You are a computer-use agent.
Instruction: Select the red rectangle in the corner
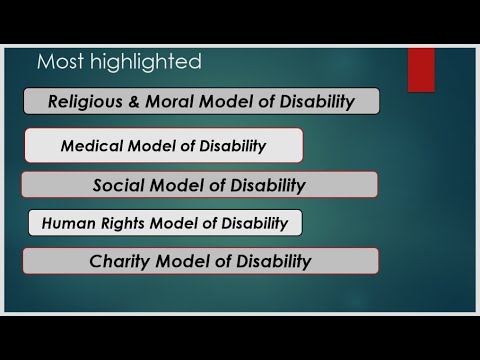[x=421, y=69]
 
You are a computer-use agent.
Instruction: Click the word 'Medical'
[x=90, y=146]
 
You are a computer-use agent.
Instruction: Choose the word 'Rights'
[x=118, y=223]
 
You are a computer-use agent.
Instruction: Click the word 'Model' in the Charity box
[x=181, y=262]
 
